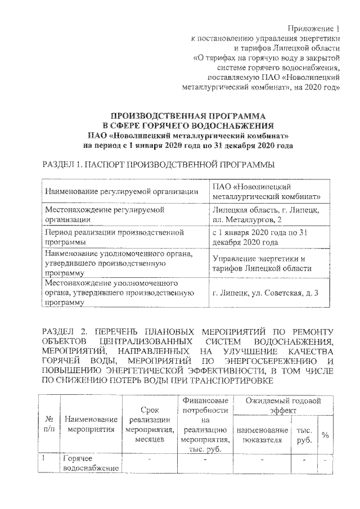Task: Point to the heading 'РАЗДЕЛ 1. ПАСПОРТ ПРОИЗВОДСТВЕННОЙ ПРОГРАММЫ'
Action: point(159,165)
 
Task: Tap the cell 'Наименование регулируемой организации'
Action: point(121,191)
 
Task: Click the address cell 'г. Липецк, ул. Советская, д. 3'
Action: point(266,292)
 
